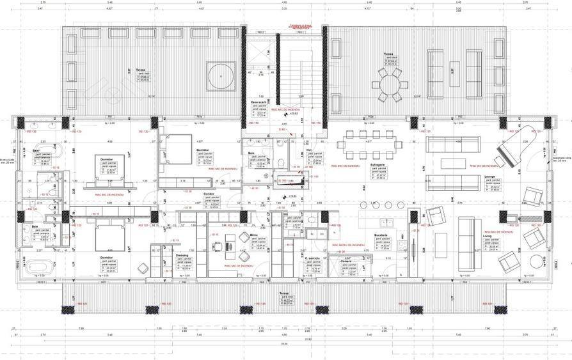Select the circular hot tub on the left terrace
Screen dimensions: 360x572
tap(221, 75)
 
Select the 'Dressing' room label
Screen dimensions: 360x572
tap(182, 255)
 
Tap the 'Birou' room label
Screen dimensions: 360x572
tap(253, 235)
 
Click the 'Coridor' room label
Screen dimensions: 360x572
tap(209, 194)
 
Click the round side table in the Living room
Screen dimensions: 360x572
tap(535, 261)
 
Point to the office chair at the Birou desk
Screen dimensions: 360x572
tap(244, 237)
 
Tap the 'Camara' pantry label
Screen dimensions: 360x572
tap(346, 262)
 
